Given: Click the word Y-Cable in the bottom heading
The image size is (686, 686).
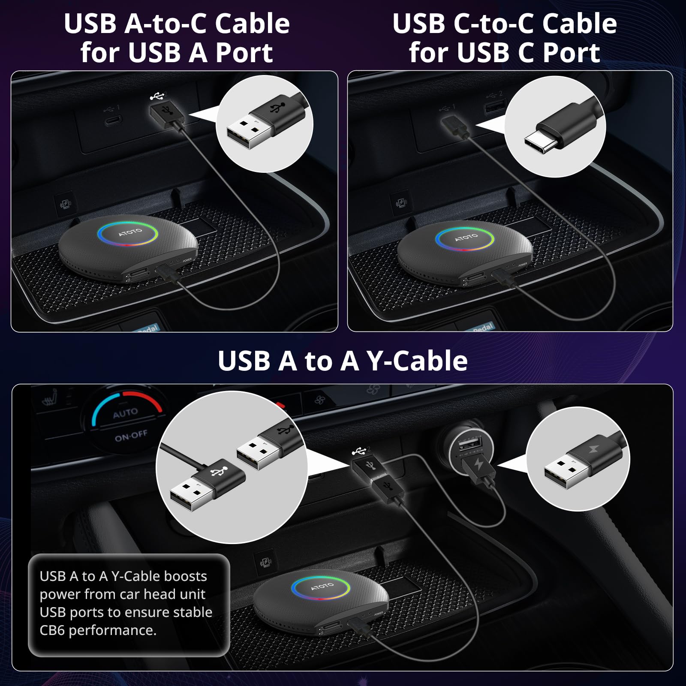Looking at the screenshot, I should click(418, 361).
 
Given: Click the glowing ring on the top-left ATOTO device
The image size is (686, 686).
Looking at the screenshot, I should click(128, 234).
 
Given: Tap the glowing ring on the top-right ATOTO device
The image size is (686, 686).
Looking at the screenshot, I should click(466, 238).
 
